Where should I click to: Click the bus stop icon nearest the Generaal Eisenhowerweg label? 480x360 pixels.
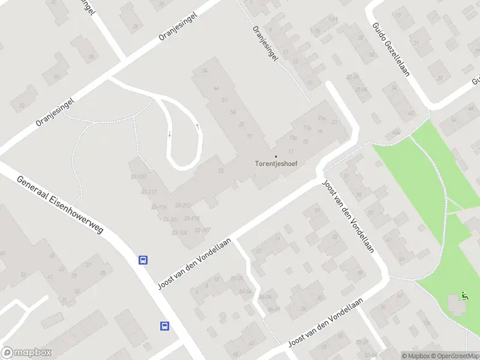pos(143,260)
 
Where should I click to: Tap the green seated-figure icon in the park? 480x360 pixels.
pos(464,295)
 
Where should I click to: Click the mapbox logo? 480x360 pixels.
pos(26,353)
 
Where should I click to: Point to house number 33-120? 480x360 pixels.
pos(138,177)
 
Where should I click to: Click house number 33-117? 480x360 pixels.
pos(148,192)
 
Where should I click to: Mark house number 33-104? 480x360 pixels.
pos(179,233)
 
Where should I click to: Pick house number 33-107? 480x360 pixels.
pos(202,230)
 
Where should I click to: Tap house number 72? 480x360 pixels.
pos(248,136)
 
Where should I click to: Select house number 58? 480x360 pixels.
pos(232,112)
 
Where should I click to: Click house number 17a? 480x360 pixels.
pos(307,128)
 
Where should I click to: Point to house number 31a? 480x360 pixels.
pos(322,118)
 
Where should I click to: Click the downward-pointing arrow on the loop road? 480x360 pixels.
pos(169,134)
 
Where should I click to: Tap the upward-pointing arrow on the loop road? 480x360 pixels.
pos(197,126)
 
